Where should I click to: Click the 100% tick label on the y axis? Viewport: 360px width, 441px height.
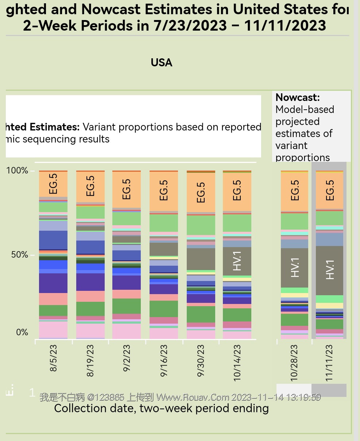(18, 171)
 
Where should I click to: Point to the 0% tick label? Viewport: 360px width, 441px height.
(22, 332)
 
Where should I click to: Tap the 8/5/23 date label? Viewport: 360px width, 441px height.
(54, 358)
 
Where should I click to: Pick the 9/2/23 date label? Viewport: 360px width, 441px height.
(127, 358)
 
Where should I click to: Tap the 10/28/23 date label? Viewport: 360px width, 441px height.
(294, 363)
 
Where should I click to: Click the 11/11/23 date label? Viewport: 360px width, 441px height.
(329, 363)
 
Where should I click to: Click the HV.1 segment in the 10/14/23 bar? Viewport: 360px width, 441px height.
(237, 261)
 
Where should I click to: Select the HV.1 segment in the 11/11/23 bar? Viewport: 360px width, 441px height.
(329, 270)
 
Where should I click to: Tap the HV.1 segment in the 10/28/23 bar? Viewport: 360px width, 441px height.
(294, 268)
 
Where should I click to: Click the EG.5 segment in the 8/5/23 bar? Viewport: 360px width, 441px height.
(53, 184)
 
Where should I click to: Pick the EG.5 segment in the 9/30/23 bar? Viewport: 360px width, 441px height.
(201, 192)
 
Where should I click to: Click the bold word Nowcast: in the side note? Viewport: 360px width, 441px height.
(298, 97)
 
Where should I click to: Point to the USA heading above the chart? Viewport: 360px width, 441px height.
(162, 63)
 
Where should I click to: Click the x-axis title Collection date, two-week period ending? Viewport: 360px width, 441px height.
(161, 408)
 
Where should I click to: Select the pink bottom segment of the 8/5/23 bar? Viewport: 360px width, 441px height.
(53, 329)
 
